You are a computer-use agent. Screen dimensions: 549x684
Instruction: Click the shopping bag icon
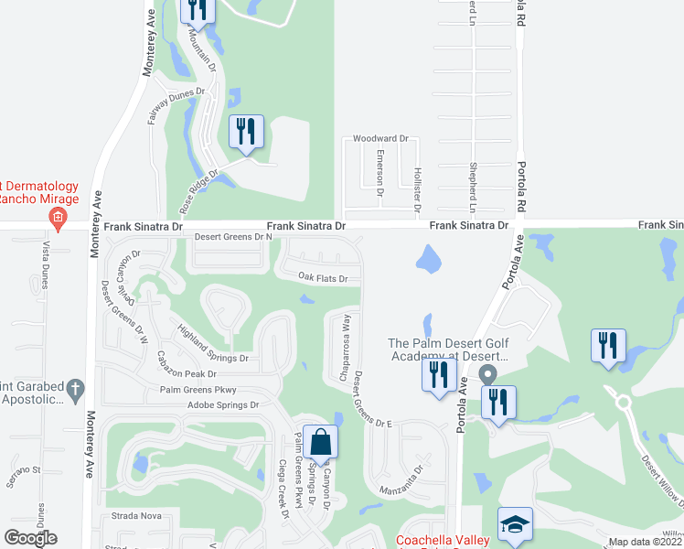coord(320,442)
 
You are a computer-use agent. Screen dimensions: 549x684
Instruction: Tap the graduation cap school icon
coord(514,524)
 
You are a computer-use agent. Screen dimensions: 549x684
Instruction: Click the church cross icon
coord(76,391)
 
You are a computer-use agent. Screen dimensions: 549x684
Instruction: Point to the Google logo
coord(30,538)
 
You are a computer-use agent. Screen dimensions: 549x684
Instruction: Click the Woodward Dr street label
coord(380,139)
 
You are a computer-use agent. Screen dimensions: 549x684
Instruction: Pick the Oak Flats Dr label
coord(324,278)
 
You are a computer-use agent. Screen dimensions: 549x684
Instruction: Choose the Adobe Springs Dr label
coord(224,404)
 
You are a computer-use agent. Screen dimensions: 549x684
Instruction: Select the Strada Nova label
coord(137,516)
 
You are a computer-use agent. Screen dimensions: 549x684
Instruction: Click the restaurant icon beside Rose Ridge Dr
coord(245,131)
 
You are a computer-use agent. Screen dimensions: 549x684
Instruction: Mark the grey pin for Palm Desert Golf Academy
coord(487,374)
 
